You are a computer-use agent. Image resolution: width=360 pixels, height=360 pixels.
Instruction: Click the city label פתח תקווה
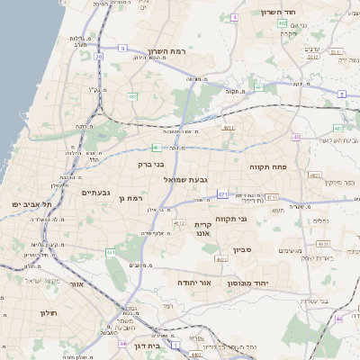point(267,166)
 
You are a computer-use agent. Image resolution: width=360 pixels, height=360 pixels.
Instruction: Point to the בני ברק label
point(150,165)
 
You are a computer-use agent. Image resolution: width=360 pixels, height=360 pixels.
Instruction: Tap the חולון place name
point(48,312)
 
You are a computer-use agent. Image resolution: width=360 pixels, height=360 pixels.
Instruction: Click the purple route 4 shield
point(235,17)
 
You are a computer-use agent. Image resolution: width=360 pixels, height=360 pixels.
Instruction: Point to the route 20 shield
point(98,56)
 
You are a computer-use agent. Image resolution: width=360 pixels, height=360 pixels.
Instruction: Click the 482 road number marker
point(132,96)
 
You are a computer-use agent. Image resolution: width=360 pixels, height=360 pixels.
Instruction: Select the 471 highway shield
point(222,193)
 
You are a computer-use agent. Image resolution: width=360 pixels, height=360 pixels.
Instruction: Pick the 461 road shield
point(111,253)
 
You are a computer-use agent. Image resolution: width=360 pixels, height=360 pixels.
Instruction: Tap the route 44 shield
point(122,343)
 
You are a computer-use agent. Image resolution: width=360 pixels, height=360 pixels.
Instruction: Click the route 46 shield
point(339,319)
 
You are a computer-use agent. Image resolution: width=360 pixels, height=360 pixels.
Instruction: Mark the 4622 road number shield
point(221,259)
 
